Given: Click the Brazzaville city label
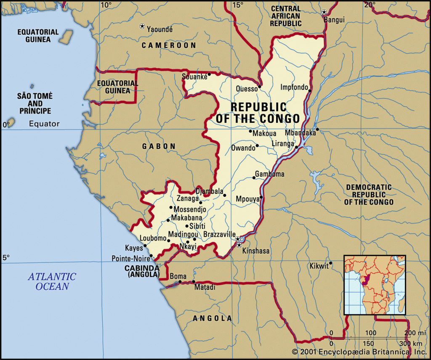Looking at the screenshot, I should pos(219,234).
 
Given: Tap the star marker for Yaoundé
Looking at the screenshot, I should pos(142,26).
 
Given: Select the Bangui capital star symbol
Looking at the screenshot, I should pos(324,12).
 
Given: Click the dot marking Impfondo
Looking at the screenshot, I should pos(310,91).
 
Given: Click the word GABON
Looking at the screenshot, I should pos(159,146).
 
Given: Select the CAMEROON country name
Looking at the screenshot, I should pos(169,45).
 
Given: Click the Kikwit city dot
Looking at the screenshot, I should pos(331,264).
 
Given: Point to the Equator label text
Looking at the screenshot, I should pos(44,124).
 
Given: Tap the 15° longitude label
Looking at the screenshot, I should pos(238,5).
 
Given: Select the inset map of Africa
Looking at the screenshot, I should pos(375,285).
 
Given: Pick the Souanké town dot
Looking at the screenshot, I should pos(209,74).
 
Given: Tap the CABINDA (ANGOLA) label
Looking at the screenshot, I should pos(142,271).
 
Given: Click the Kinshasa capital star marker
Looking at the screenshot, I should pos(239,245).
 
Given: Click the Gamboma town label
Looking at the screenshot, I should pos(270,174).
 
